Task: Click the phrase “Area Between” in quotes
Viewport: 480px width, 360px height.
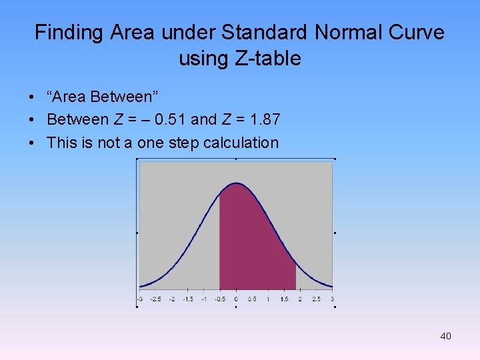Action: tap(102, 97)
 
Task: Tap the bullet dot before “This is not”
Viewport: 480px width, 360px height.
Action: tap(32, 143)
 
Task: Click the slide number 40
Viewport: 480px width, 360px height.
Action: tap(445, 336)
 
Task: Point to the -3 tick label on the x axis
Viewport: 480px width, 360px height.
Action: tap(140, 299)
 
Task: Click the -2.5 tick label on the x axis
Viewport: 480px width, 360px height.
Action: tap(156, 299)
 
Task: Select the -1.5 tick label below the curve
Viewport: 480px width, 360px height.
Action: tap(188, 299)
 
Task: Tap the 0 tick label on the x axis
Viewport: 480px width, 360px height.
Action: tap(236, 299)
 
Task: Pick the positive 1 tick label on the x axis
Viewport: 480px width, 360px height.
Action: tap(268, 299)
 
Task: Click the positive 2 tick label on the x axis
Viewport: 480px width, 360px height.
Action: tap(300, 299)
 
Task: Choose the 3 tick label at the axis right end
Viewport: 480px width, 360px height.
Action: tap(331, 299)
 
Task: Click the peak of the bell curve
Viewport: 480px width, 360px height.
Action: tap(236, 183)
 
